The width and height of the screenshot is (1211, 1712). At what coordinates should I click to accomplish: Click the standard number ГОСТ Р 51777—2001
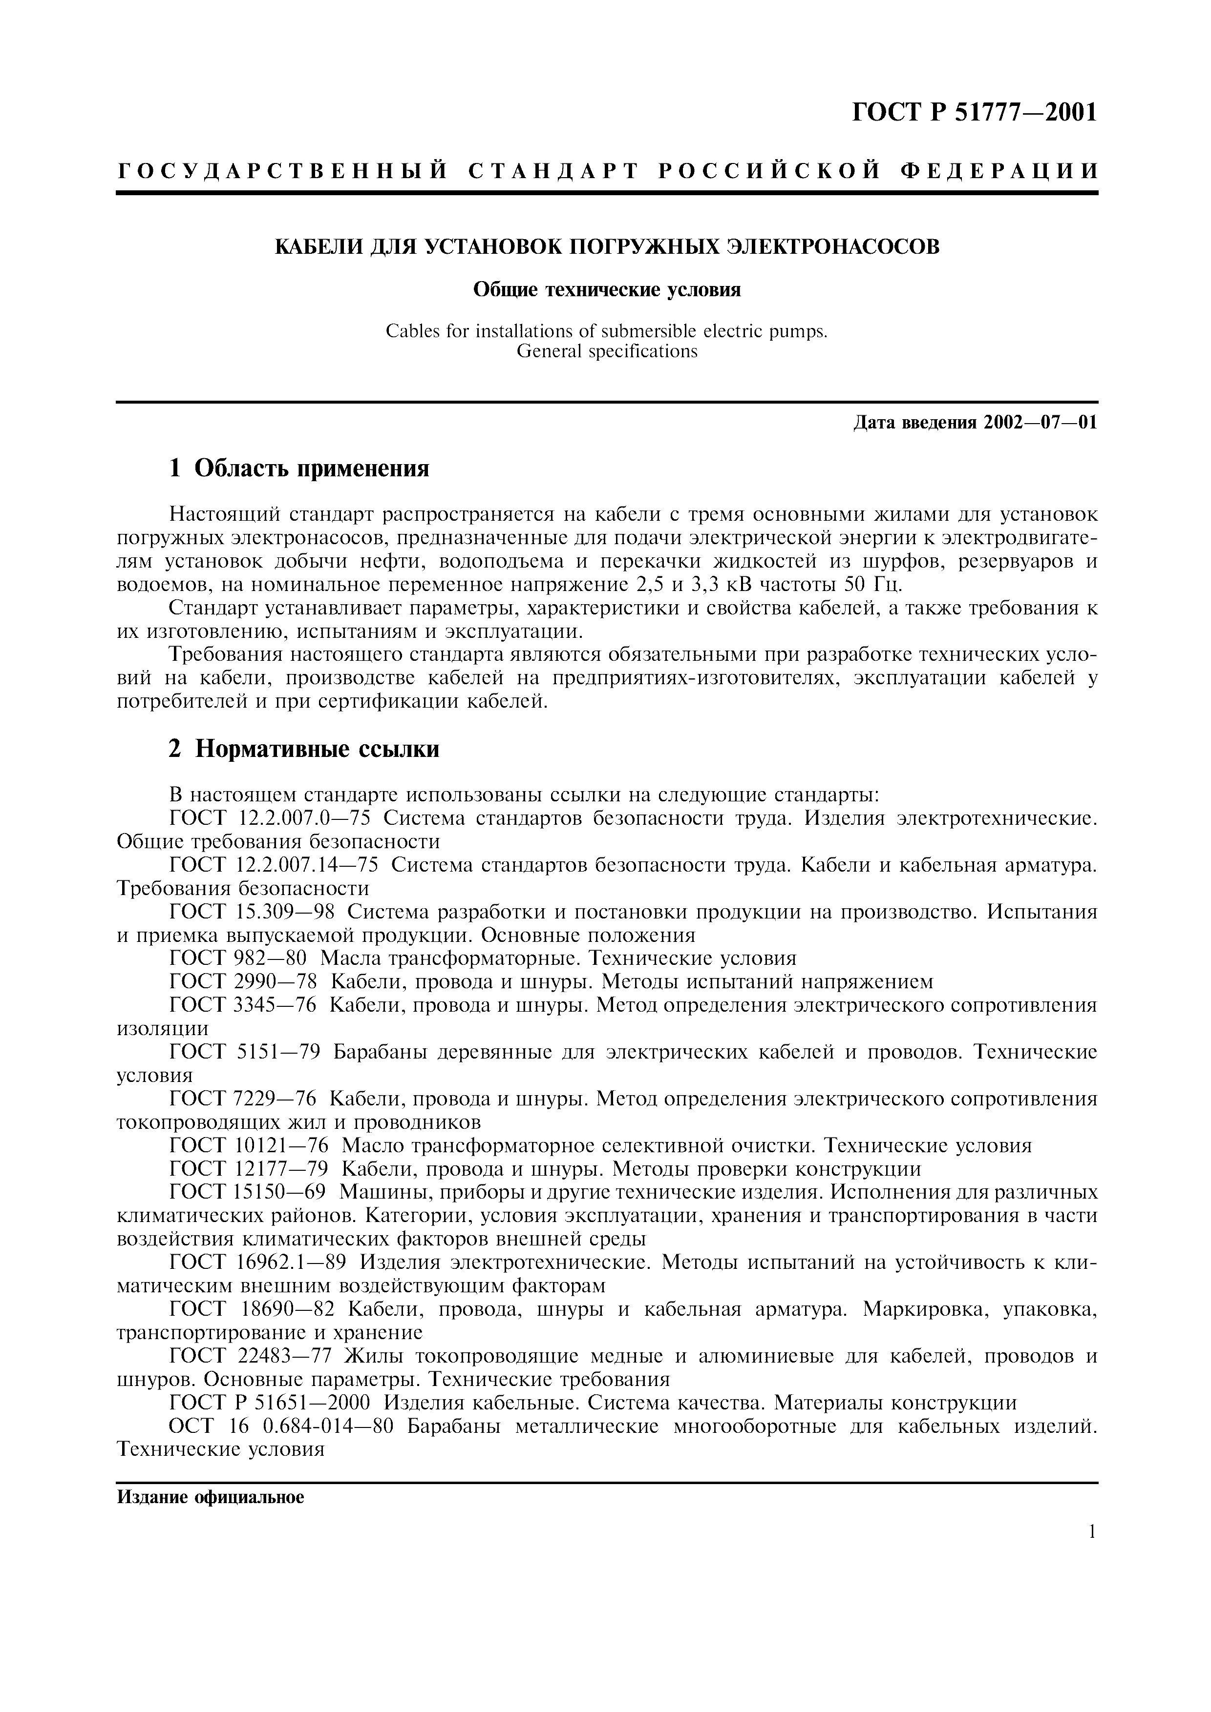[975, 113]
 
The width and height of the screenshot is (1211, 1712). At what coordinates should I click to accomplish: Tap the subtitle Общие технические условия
[607, 290]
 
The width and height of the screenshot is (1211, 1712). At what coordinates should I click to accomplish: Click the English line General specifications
[607, 351]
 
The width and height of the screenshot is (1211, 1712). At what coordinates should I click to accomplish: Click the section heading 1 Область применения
[298, 469]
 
